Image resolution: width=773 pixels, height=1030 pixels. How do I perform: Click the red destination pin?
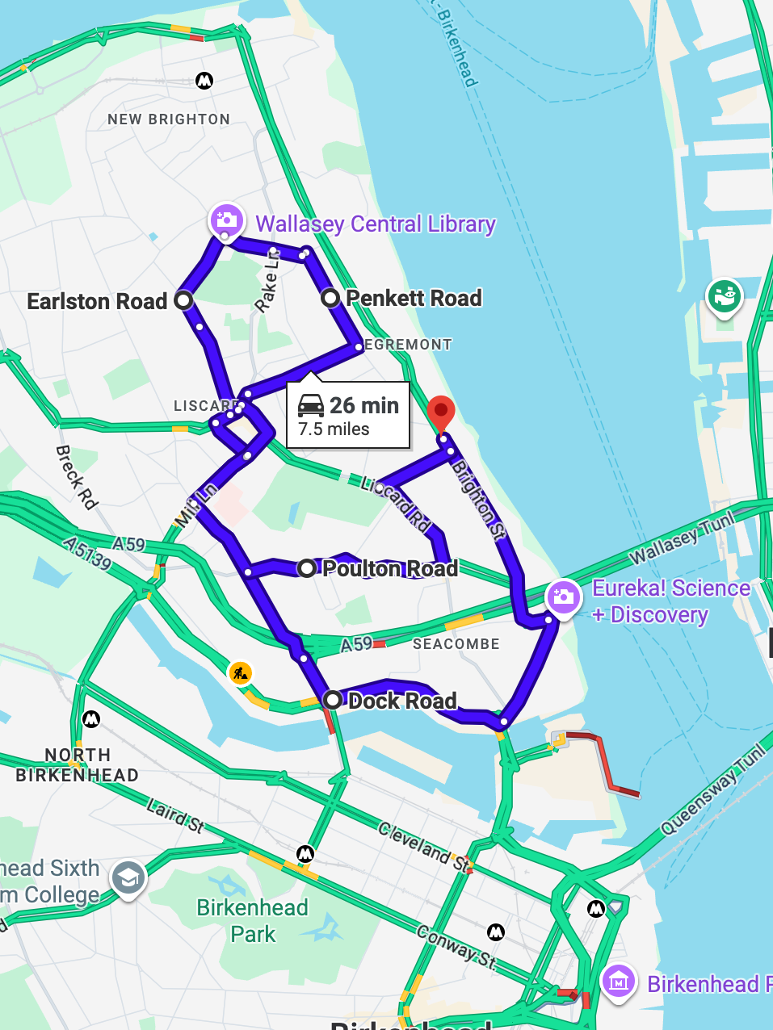point(440,412)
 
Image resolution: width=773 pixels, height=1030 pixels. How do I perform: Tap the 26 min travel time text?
point(363,405)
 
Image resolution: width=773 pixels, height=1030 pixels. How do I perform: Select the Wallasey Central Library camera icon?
point(226,220)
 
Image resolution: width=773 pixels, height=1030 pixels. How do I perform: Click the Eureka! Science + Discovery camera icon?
point(563,598)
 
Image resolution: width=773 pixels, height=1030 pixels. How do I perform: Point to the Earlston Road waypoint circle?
point(183,301)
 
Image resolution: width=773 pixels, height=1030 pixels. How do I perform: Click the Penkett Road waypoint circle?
point(330,298)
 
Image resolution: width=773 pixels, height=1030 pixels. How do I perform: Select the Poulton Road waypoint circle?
point(307,568)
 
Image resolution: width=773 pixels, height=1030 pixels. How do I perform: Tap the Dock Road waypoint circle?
point(332,699)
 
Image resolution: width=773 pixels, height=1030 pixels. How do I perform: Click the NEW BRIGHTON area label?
point(169,119)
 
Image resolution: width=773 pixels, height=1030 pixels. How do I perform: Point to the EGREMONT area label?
point(408,345)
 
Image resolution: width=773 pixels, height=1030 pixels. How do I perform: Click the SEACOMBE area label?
point(456,644)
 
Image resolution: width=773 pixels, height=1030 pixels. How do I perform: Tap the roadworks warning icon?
point(240,672)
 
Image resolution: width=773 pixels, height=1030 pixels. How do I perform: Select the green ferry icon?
point(724,296)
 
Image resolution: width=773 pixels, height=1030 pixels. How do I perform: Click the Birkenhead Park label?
point(253,921)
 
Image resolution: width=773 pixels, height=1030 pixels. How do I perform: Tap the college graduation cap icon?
point(128,878)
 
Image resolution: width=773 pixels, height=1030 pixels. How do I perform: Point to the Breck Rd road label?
point(77,477)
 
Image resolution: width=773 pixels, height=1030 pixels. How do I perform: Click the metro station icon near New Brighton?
point(204,80)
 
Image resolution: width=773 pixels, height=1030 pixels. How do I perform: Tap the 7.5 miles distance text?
point(334,429)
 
